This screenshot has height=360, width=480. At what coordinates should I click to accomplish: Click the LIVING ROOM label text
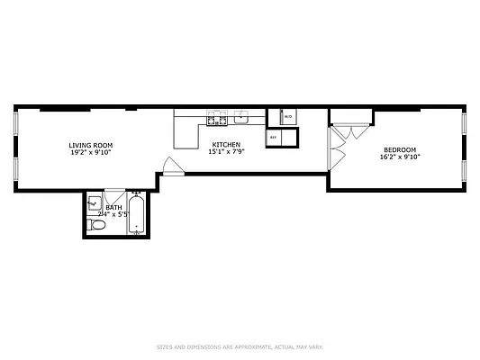click(x=91, y=145)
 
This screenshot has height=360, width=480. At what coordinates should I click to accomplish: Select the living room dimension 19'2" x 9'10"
click(x=91, y=152)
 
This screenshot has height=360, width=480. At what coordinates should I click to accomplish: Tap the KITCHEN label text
click(x=226, y=145)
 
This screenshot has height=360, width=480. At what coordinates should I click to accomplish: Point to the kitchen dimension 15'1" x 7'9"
click(x=226, y=152)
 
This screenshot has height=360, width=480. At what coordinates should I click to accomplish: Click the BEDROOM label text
click(x=400, y=149)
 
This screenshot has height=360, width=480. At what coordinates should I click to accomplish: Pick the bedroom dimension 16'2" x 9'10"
click(x=400, y=157)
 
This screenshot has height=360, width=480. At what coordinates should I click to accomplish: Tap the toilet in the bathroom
click(x=100, y=227)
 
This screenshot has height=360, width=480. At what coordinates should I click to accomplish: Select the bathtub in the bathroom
click(x=136, y=216)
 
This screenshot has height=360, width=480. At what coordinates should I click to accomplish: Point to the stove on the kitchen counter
click(x=216, y=118)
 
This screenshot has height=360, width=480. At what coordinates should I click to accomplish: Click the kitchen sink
click(x=241, y=117)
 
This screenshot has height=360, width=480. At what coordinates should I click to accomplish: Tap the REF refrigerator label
click(x=274, y=138)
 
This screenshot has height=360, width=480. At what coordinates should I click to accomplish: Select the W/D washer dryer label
click(x=288, y=117)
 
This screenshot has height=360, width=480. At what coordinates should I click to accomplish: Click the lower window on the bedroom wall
click(x=464, y=170)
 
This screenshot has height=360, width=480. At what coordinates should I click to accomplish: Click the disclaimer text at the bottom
click(x=240, y=346)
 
